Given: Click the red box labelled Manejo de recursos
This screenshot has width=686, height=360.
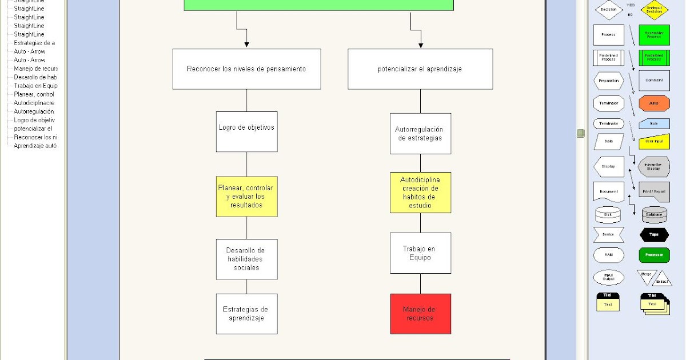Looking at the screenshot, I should (x=420, y=314).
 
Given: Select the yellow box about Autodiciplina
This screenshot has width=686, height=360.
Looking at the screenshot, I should (x=420, y=193).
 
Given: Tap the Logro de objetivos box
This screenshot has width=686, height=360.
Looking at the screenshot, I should (x=246, y=131).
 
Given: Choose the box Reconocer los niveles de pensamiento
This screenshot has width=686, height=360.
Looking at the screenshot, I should (x=246, y=69).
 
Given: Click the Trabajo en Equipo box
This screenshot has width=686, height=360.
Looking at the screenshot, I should (x=420, y=253).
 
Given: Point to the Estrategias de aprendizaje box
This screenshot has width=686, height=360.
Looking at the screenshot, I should (x=246, y=314).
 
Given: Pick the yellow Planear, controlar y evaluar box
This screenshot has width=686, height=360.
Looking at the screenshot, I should (x=246, y=196).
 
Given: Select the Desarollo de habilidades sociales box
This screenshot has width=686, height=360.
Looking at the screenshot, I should (x=246, y=259).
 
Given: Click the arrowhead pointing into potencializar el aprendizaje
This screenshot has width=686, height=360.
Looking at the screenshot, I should (x=420, y=45).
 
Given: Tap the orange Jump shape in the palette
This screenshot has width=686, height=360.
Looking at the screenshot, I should (x=653, y=103).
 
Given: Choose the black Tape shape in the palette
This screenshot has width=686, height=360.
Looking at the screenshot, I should (x=653, y=235).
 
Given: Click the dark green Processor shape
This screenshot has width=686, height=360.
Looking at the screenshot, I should (x=653, y=255).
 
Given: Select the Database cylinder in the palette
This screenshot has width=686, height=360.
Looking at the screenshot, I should (x=653, y=214).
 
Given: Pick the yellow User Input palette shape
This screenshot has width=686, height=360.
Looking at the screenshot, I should (x=653, y=141).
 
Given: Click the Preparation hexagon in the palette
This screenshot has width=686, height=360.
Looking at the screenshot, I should (x=608, y=81).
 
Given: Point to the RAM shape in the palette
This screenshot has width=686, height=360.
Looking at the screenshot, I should (x=608, y=255).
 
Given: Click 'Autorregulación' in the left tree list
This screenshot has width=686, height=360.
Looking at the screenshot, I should (x=34, y=111).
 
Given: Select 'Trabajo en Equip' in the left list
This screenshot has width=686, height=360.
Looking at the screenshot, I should (x=35, y=86).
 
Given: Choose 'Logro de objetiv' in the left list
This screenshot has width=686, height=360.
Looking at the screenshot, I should (x=34, y=120).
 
